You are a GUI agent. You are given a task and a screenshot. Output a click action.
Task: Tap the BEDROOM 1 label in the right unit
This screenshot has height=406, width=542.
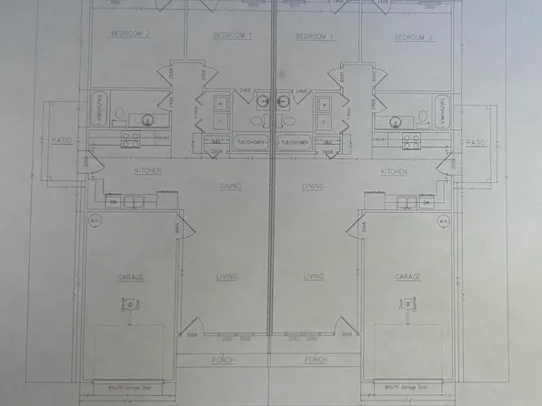click(315, 36)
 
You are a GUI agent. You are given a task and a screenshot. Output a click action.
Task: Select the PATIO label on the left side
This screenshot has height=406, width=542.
click(62, 142)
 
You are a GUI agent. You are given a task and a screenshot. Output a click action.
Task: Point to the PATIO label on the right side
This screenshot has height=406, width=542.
click(476, 142)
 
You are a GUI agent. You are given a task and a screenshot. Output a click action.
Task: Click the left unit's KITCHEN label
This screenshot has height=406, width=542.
click(148, 170)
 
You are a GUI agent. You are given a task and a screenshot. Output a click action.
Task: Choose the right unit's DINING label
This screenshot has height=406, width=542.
click(314, 186)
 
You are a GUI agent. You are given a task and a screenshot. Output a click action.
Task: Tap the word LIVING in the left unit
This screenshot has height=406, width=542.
click(226, 276)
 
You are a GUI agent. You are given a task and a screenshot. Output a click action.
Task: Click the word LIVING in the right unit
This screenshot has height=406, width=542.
click(315, 276)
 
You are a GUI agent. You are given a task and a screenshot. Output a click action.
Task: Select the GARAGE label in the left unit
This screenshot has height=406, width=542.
click(130, 276)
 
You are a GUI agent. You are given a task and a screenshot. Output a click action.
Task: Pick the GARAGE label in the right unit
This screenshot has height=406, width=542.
click(407, 276)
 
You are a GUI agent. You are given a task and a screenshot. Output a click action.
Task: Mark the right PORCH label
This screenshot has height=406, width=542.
click(316, 360)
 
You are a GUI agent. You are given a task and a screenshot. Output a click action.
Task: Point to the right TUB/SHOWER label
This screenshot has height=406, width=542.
click(293, 142)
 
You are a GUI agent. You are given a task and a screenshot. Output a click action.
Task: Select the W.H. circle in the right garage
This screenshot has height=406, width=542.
click(443, 220)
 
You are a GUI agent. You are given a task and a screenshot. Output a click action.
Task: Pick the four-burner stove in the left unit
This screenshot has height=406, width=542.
click(130, 140)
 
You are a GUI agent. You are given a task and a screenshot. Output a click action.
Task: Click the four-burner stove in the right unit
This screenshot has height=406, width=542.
click(411, 140)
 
